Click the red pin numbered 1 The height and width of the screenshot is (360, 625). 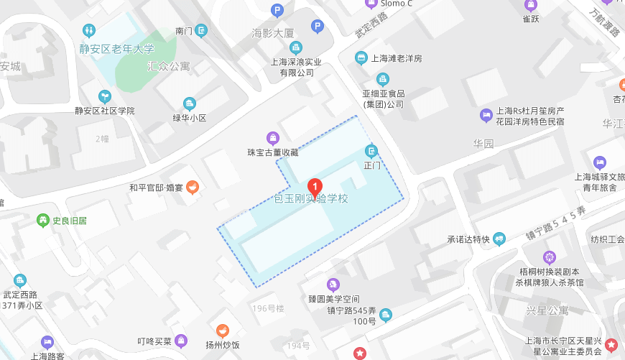315,188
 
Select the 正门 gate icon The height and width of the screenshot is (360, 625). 371,151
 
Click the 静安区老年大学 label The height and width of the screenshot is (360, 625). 117,50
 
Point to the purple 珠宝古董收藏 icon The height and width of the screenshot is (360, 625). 273,138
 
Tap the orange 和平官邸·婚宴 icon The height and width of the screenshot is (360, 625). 193,188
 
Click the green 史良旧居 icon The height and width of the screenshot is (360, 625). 44,221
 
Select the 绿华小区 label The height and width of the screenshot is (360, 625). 190,118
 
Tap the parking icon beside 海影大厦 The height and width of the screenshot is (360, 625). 317,27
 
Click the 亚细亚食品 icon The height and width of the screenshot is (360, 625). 383,80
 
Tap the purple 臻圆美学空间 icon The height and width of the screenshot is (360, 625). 333,285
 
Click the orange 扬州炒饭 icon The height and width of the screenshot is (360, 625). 223,331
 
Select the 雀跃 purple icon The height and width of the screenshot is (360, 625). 531,6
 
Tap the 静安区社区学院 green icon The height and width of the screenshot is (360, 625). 105,96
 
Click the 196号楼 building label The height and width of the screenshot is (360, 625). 269,309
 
